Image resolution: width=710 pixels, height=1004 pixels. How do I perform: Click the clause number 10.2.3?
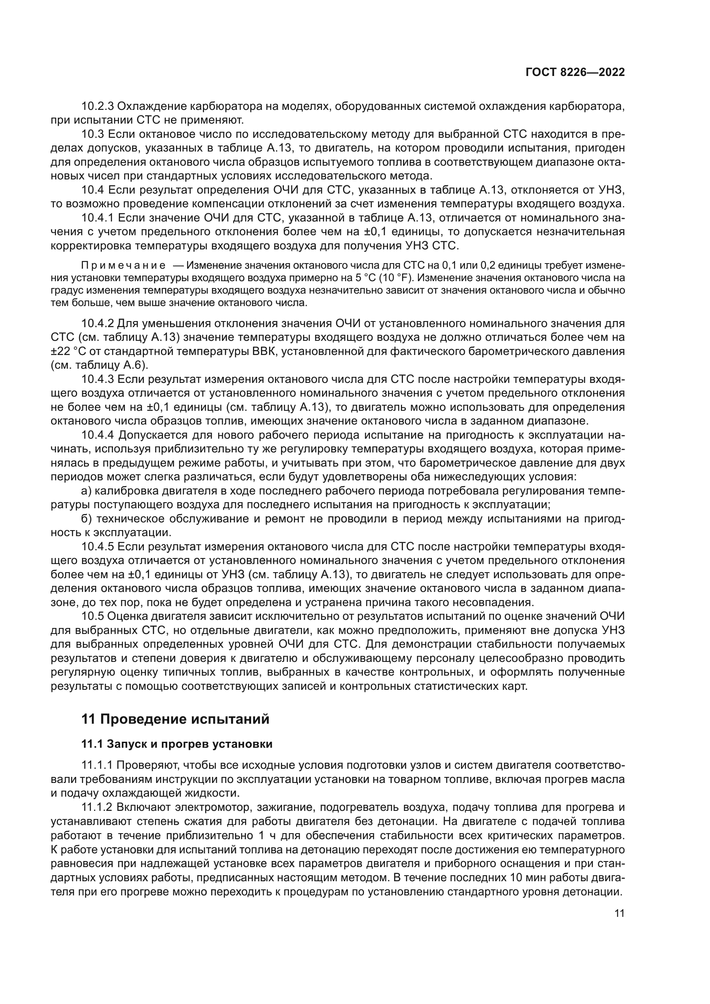tap(97, 106)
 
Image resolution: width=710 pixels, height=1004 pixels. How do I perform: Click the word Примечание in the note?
tap(123, 266)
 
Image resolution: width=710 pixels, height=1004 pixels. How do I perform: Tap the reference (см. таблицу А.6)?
tap(99, 366)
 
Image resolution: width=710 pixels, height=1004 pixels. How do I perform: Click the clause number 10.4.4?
tap(97, 435)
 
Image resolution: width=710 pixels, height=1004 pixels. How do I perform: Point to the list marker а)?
tap(86, 491)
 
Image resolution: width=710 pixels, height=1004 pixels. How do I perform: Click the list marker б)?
tap(87, 519)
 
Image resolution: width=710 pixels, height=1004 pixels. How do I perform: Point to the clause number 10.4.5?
tap(97, 547)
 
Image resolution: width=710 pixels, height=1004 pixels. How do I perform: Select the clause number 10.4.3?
tap(97, 379)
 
